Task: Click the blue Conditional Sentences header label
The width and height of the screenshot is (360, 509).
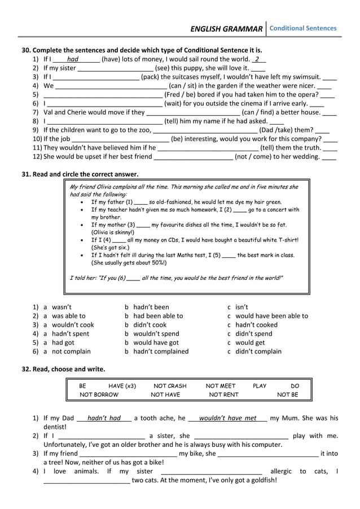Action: pos(303,28)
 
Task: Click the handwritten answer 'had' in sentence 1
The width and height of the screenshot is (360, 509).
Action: pos(72,59)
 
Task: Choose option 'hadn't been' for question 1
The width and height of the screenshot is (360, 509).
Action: pos(151,307)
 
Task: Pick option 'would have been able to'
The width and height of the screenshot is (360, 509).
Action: pos(271,316)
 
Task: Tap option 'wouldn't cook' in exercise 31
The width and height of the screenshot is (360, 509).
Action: pos(73,325)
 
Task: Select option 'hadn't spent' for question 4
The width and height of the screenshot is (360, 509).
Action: pos(70,334)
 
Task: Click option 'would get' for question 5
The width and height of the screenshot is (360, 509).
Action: pos(250,343)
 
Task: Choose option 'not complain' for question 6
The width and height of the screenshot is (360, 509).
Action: pos(71,352)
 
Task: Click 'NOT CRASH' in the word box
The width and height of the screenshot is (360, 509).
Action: pos(170,386)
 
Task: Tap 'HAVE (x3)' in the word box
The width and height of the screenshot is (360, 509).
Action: pos(122,386)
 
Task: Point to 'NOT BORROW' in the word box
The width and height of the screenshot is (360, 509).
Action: pos(99,395)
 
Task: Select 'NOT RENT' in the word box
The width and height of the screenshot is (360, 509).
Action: pos(223,395)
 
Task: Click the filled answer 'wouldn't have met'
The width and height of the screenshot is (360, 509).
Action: pos(227,418)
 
